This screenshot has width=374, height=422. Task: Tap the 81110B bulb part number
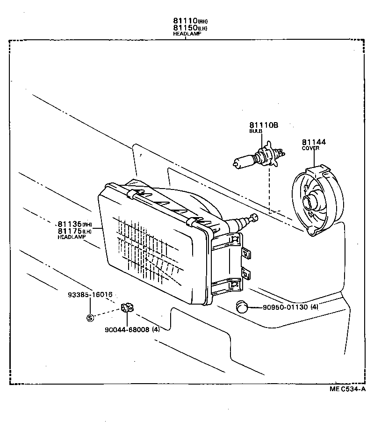[x=263, y=125]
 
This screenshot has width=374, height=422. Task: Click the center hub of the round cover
[x=310, y=203]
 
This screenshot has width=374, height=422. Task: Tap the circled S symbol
[x=90, y=318]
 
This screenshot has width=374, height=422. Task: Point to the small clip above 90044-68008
[x=127, y=308]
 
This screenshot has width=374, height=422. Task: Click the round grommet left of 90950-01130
[x=241, y=307]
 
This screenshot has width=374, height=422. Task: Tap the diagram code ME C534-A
[x=347, y=389]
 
